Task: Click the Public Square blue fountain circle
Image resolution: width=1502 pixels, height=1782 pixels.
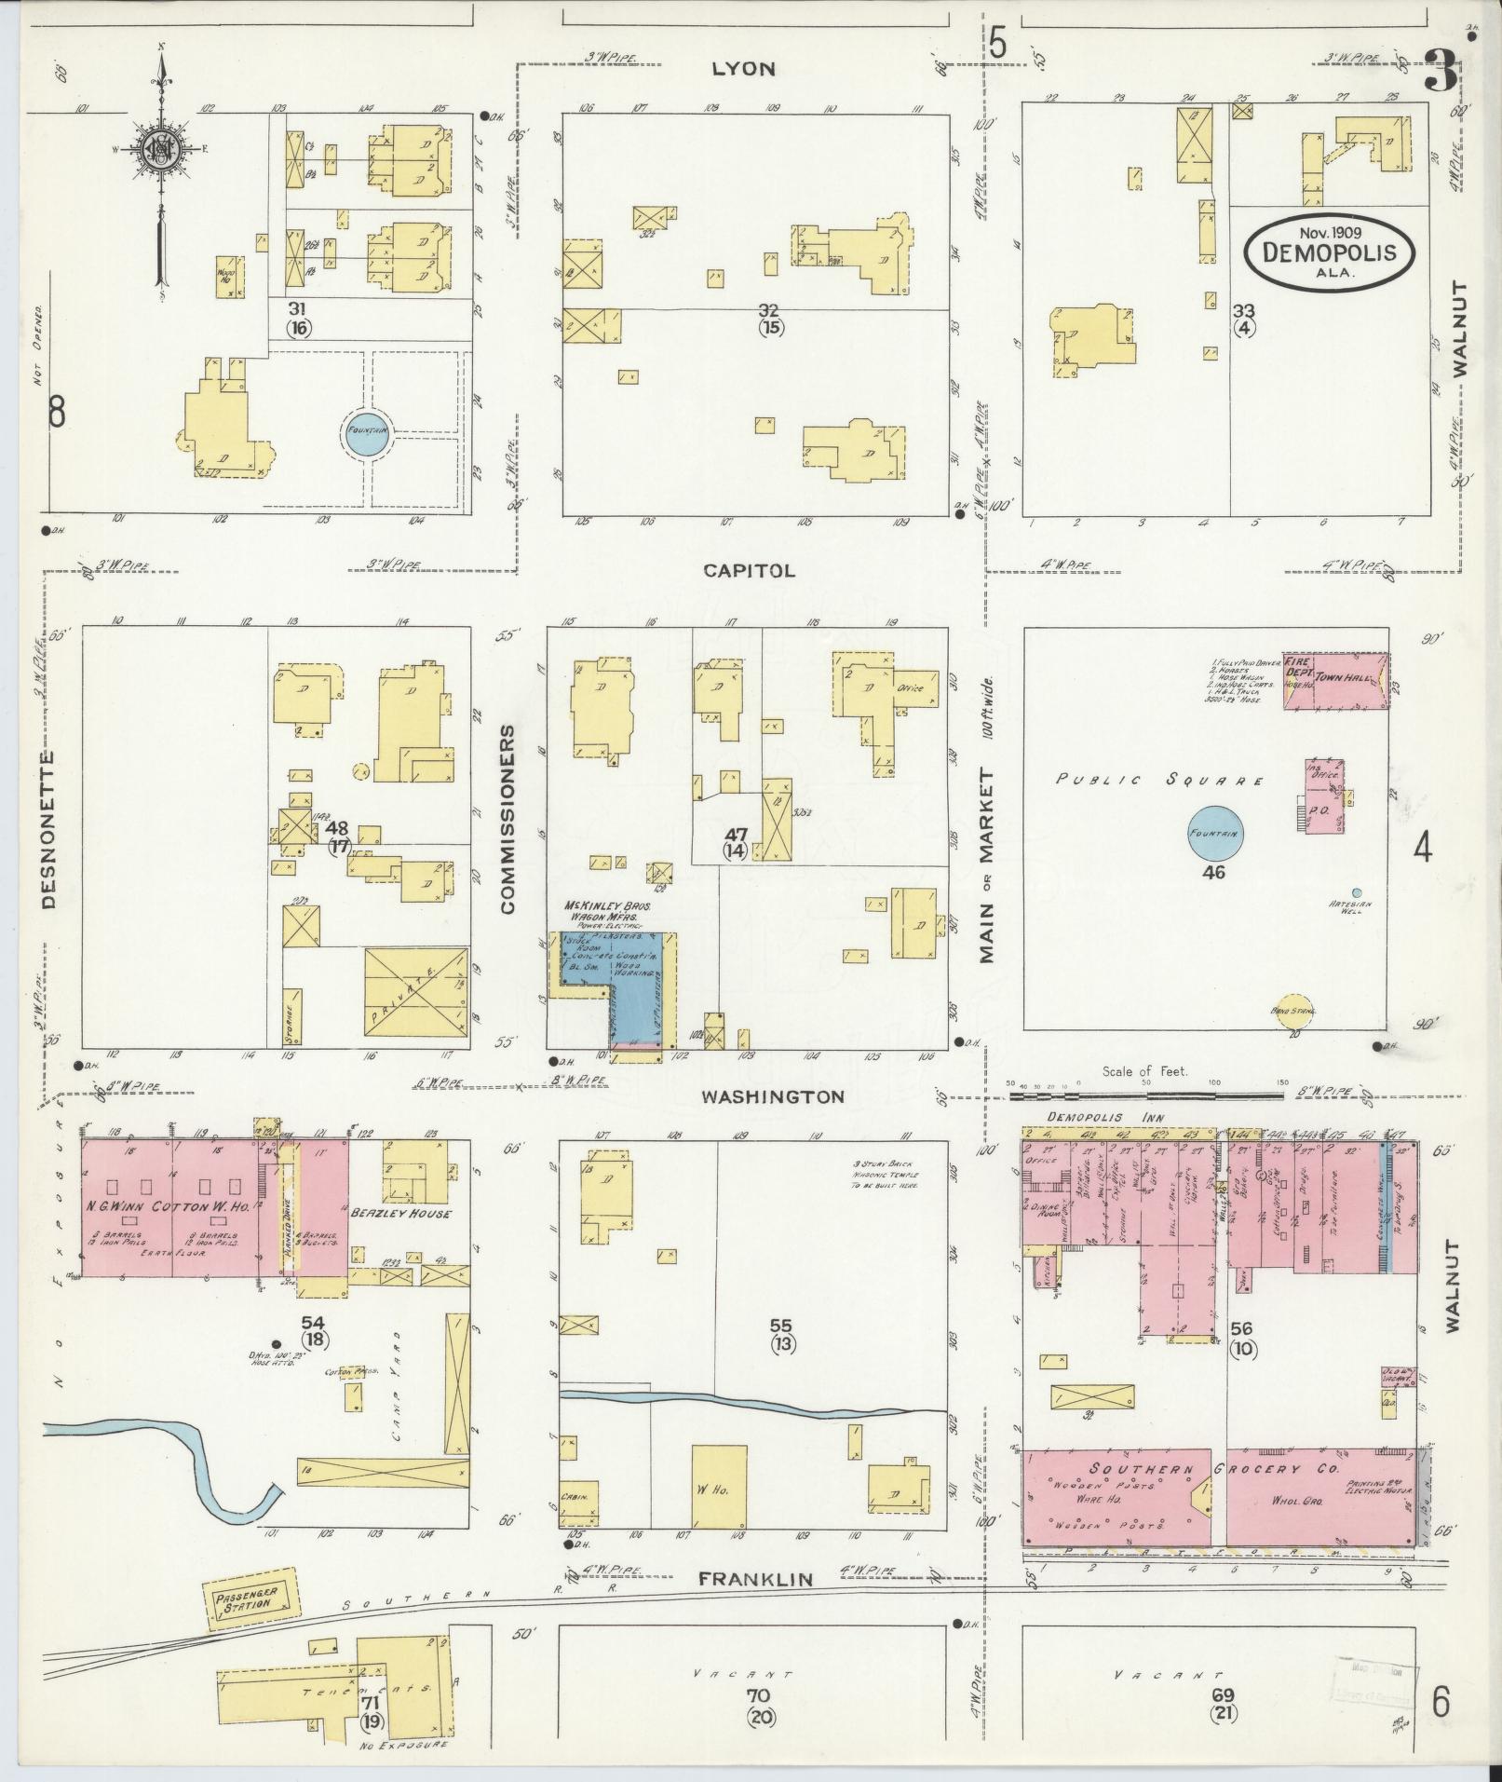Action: click(1213, 833)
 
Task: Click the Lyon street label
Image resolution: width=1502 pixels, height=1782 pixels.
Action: click(743, 69)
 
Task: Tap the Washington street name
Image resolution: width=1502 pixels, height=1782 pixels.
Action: click(773, 1096)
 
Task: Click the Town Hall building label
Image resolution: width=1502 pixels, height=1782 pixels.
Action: click(1344, 679)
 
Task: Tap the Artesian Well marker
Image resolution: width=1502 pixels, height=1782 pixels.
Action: click(1357, 892)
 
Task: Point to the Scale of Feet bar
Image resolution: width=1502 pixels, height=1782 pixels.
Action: click(1145, 1085)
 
